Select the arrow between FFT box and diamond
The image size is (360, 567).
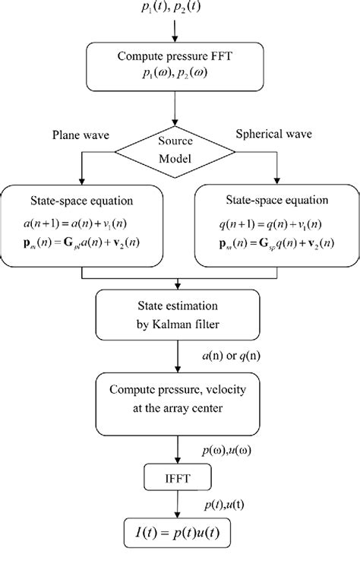tap(176, 110)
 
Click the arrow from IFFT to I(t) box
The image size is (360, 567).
tap(176, 505)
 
